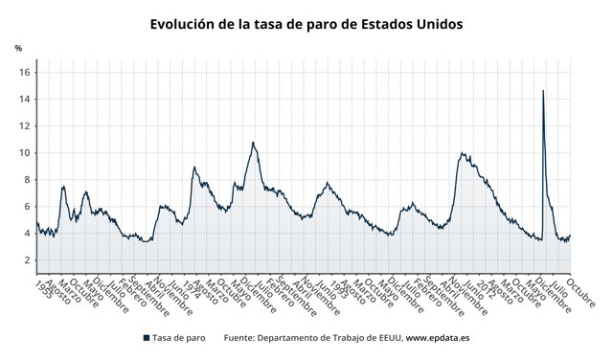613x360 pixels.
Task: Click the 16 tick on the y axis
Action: [x=26, y=73]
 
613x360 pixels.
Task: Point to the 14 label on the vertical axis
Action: [x=26, y=100]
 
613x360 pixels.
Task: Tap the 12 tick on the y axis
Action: [x=26, y=126]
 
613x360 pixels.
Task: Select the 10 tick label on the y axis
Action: [x=26, y=153]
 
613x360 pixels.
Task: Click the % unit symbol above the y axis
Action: [x=18, y=48]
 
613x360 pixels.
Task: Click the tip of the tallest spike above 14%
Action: [x=543, y=91]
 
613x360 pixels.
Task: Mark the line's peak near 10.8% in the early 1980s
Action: [x=253, y=143]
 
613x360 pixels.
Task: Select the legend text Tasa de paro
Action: [x=179, y=338]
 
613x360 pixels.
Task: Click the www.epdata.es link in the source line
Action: [x=437, y=338]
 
